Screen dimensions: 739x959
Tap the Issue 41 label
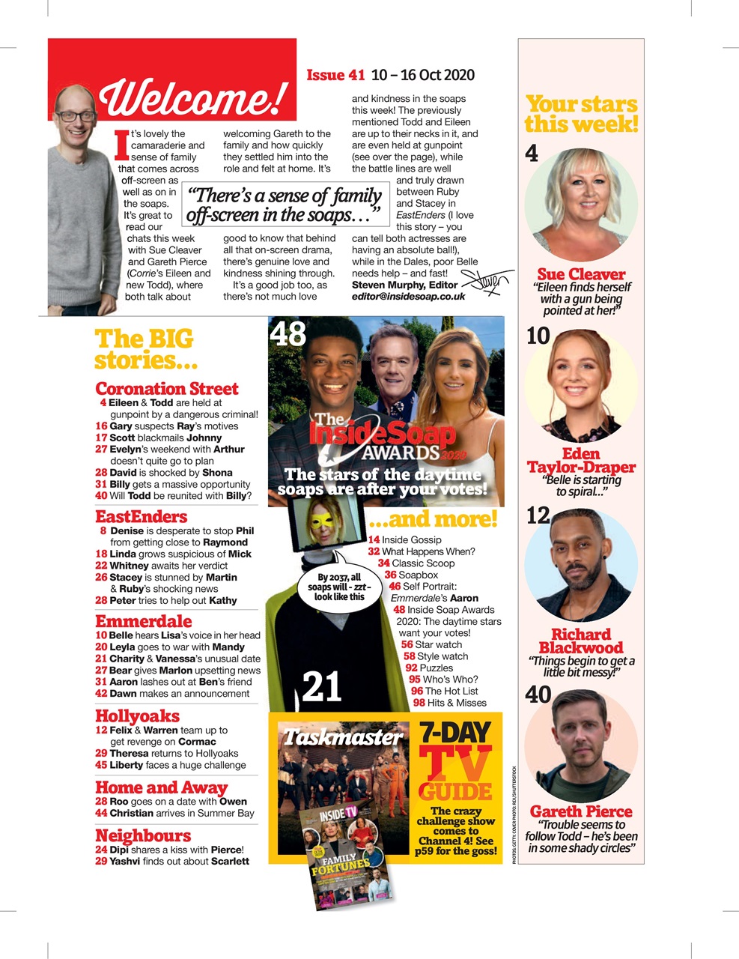click(x=335, y=75)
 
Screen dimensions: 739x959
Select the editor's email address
click(x=408, y=297)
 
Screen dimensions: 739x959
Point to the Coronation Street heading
click(x=166, y=389)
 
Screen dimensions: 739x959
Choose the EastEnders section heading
click(x=141, y=517)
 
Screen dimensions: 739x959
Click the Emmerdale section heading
click(x=143, y=622)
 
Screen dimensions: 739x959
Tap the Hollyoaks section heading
click(x=137, y=716)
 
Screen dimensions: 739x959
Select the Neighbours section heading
click(x=143, y=836)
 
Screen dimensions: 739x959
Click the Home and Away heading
click(x=161, y=787)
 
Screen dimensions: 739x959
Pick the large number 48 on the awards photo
click(x=288, y=333)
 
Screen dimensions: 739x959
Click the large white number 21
click(x=322, y=686)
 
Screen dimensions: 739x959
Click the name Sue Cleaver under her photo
click(x=581, y=274)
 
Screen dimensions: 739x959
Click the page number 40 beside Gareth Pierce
click(x=538, y=695)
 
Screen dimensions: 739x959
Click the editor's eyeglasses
click(x=75, y=117)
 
